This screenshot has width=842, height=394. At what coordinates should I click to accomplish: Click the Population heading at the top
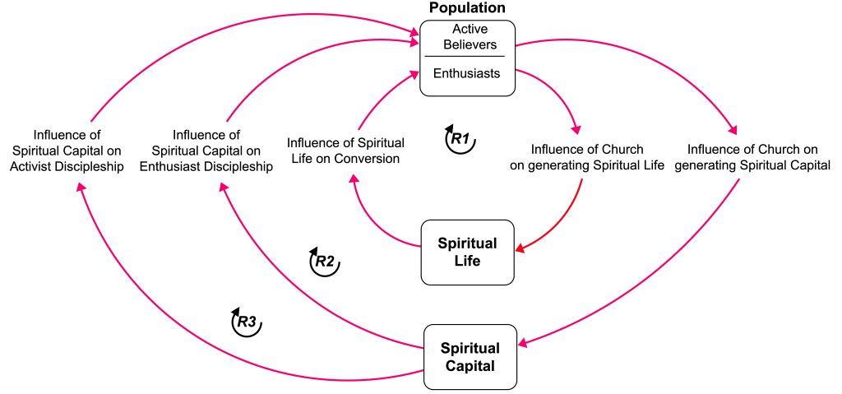467,8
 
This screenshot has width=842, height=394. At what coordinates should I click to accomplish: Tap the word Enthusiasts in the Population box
466,73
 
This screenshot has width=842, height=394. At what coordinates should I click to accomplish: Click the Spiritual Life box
467,253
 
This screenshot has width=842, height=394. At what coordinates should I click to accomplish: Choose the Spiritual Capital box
470,355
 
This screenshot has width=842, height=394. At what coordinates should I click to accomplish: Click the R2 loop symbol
323,262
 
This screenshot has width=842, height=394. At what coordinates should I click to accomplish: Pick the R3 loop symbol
247,322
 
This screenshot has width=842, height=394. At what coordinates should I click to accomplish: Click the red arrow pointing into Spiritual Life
567,222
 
